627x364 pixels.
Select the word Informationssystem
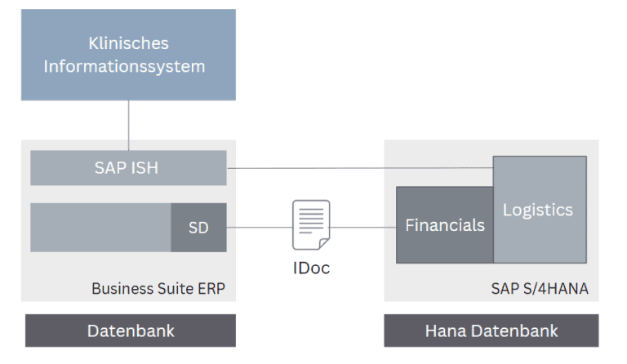(x=124, y=65)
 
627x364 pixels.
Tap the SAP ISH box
(x=127, y=168)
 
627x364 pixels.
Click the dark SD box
(x=198, y=228)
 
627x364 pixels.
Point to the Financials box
(x=444, y=225)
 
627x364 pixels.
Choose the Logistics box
(x=539, y=210)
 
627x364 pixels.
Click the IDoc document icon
(x=311, y=224)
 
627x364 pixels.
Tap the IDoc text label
(x=311, y=268)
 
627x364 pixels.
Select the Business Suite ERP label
(x=158, y=287)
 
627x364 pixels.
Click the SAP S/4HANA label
(x=540, y=287)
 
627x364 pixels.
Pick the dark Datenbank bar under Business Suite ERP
(x=130, y=331)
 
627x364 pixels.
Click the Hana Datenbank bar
(x=491, y=331)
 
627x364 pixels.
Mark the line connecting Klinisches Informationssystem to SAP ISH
(x=128, y=125)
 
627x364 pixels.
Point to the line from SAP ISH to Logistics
(x=359, y=168)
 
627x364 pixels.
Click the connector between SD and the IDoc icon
(x=259, y=228)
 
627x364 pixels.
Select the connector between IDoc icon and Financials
(x=362, y=228)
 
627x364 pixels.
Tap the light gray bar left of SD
(x=100, y=228)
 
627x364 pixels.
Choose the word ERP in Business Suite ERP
(x=210, y=287)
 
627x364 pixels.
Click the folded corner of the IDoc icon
(x=323, y=243)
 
